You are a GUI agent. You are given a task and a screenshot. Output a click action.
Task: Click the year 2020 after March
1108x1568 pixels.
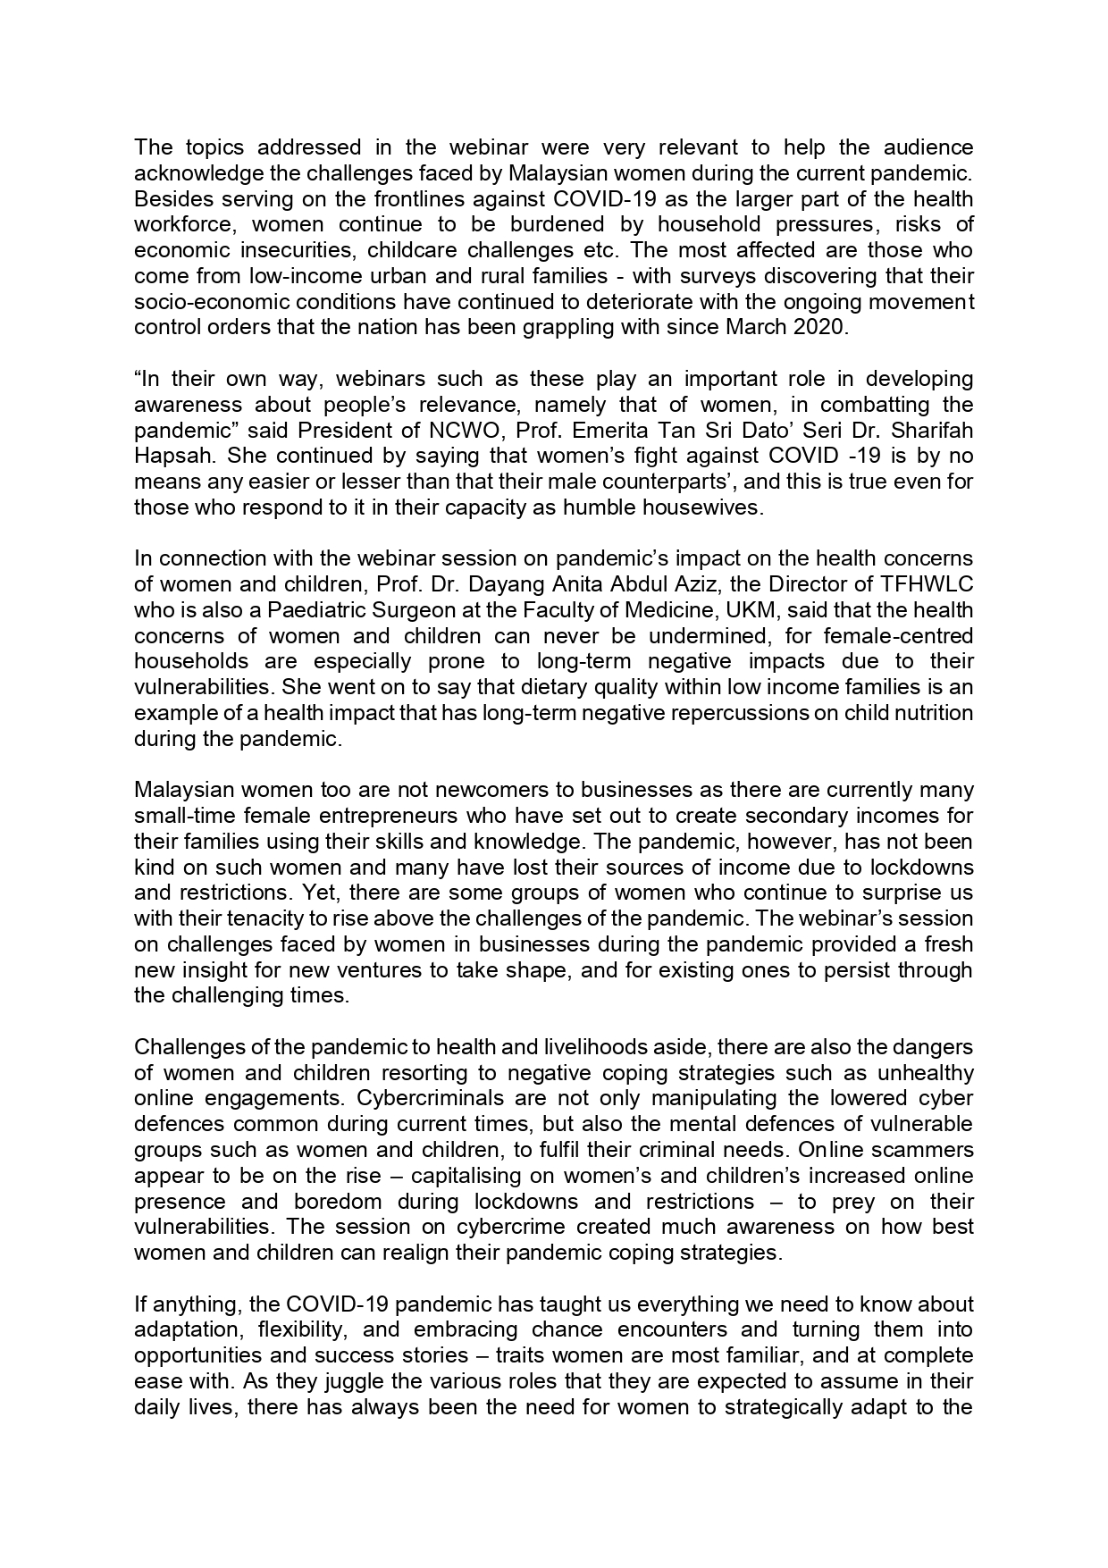(817, 327)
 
